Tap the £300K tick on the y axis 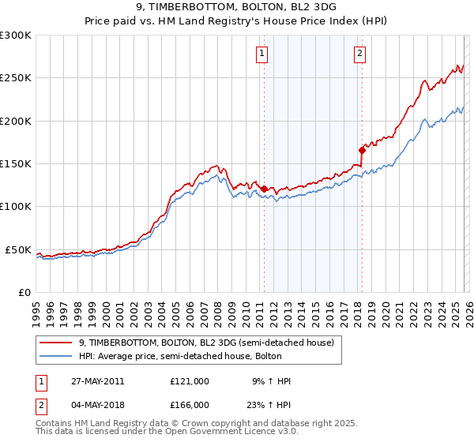click(x=16, y=36)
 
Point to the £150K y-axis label click(x=16, y=164)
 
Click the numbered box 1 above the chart click(x=261, y=54)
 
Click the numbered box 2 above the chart click(x=359, y=54)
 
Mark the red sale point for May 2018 click(x=362, y=149)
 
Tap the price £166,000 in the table click(x=190, y=405)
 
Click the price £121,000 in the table click(x=190, y=381)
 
